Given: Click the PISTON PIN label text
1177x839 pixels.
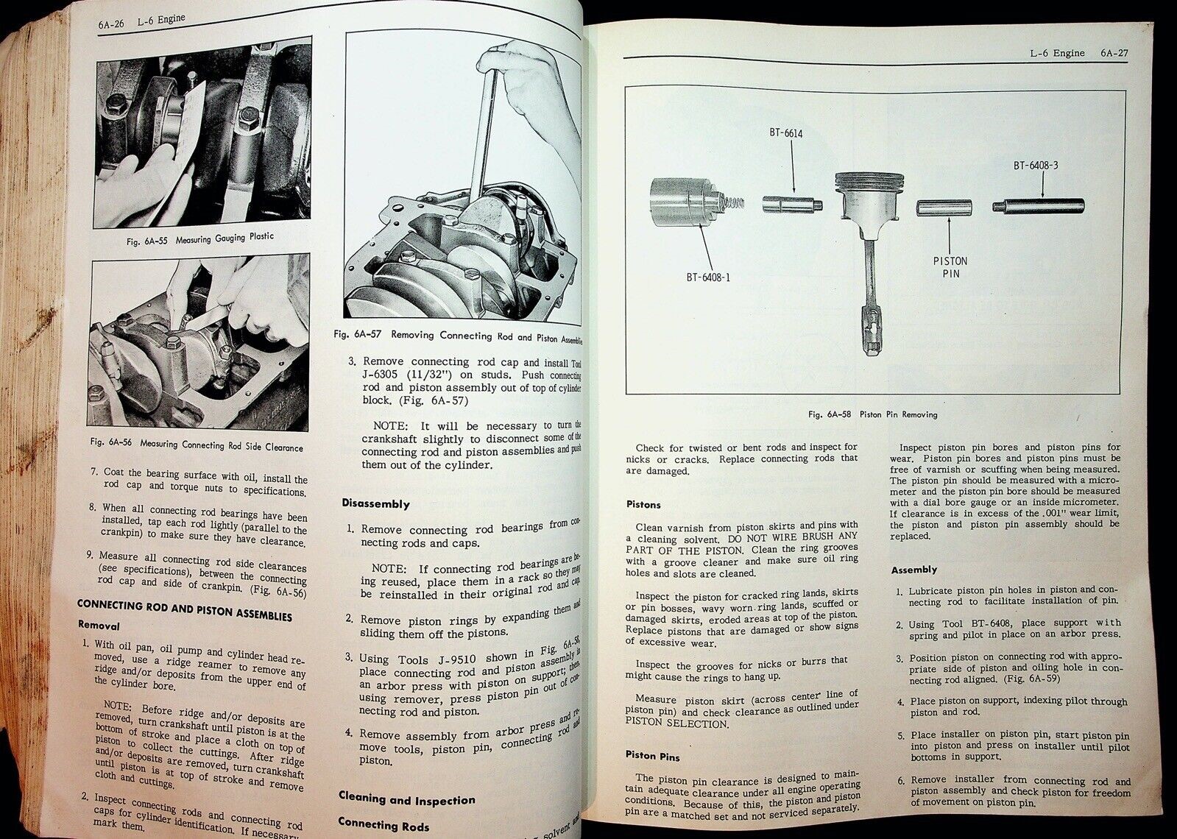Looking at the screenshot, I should click(950, 267).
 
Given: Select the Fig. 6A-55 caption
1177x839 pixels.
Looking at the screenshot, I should click(196, 236).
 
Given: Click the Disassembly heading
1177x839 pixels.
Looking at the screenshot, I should click(375, 504).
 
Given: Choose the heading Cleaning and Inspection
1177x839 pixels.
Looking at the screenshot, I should click(406, 799).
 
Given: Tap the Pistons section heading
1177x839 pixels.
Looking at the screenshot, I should click(643, 505).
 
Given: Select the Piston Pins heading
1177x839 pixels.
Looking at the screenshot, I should click(653, 756).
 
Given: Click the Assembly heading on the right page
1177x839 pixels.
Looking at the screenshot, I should click(913, 570).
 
